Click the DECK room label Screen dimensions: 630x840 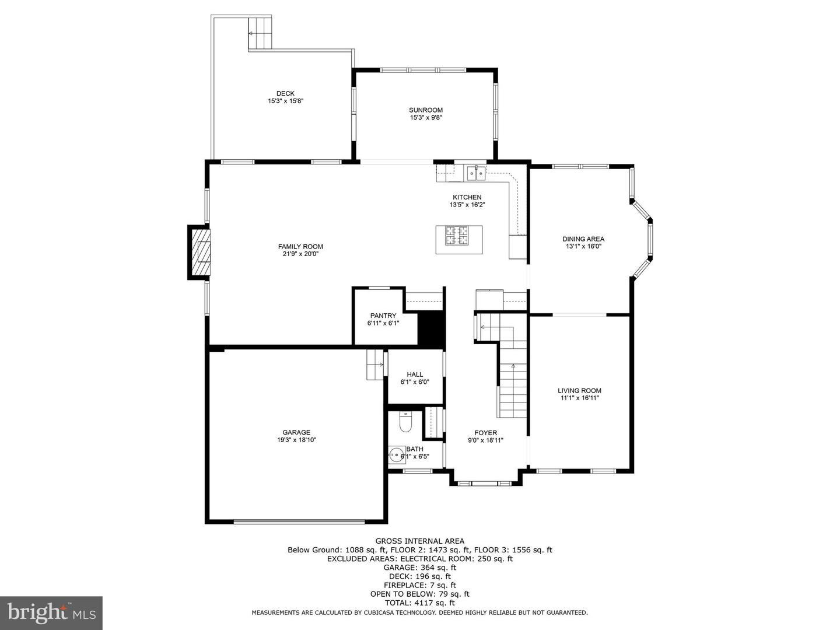click(x=285, y=93)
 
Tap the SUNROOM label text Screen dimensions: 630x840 click(x=425, y=110)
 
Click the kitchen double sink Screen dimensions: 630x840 click(x=475, y=172)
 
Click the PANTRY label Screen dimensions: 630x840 click(x=383, y=316)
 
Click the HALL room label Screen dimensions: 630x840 click(x=415, y=374)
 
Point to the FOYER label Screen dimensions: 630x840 click(x=485, y=433)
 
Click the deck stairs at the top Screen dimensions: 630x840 click(x=260, y=33)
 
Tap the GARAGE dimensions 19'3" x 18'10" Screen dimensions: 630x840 click(x=297, y=440)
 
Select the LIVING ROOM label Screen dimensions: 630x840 click(x=579, y=391)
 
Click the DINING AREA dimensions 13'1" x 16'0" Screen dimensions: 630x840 click(x=583, y=246)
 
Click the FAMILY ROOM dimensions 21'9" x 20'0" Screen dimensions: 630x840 click(x=300, y=254)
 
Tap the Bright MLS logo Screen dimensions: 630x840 click(x=51, y=612)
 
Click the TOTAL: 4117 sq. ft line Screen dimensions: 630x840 click(x=419, y=603)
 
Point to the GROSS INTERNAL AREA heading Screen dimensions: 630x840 click(x=419, y=541)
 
